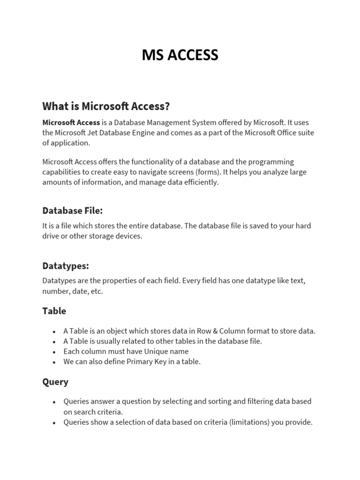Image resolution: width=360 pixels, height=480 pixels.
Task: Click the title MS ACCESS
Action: point(180,55)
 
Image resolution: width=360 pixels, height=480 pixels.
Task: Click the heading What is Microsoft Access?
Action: point(106,106)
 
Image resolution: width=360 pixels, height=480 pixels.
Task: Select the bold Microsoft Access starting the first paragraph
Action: point(71,122)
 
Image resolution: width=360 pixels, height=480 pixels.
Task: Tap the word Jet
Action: point(96,133)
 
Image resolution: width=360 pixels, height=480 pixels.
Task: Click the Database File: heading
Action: point(72,210)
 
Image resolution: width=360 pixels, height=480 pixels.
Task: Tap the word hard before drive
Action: point(303,225)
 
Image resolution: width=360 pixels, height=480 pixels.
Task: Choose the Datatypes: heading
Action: point(66,266)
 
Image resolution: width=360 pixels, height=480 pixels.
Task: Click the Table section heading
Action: point(54,311)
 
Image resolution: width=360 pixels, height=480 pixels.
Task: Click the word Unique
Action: point(147,352)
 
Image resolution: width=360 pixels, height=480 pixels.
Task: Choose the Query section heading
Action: point(55,382)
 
